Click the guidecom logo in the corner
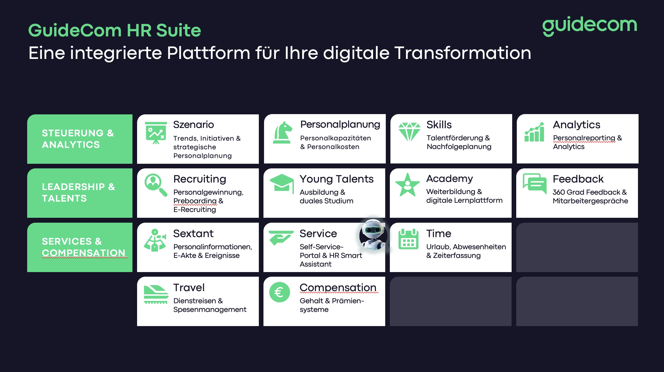pos(589,26)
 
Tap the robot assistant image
pos(373,235)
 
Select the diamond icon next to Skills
pos(409,132)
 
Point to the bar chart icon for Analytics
pos(534,132)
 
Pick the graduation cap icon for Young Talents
pos(281,183)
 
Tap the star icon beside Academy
pos(407,185)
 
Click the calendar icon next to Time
pos(408,239)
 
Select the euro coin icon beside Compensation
pos(280,292)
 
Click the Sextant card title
pos(193,233)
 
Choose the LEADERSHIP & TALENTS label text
pos(78,192)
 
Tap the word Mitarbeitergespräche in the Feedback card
pos(590,201)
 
